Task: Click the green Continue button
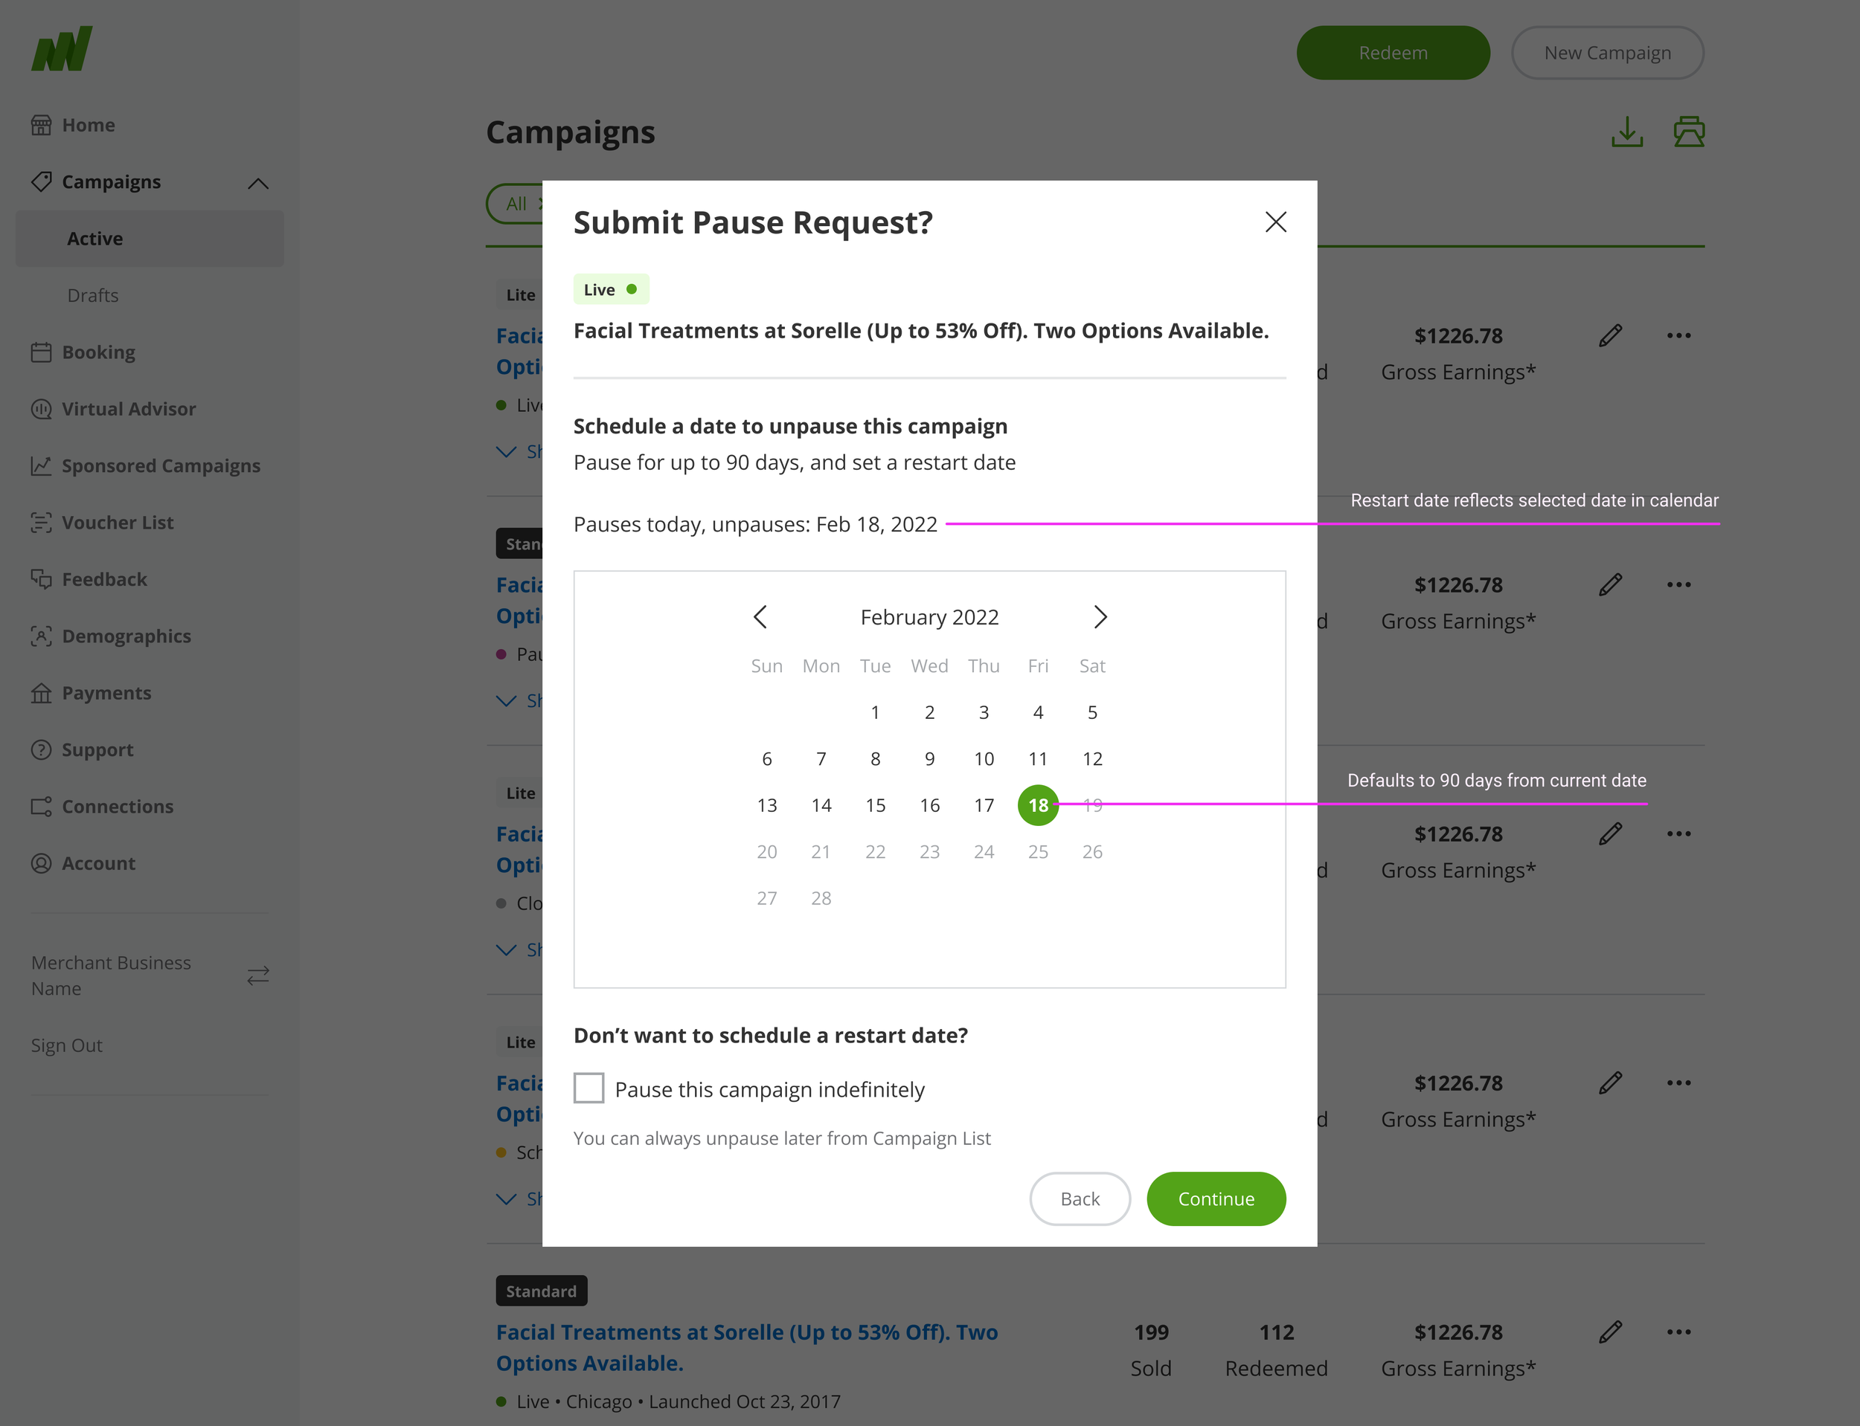[1216, 1198]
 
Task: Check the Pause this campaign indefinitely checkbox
[589, 1088]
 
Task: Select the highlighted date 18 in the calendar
[1037, 804]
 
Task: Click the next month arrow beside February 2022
[1099, 617]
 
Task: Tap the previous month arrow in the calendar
[760, 617]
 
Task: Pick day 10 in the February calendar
[984, 759]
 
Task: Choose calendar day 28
[821, 898]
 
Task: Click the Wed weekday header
[929, 666]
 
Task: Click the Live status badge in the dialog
[610, 289]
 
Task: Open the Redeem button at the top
[1392, 53]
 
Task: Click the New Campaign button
[1607, 53]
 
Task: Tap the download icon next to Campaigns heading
[1626, 132]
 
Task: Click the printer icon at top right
[1688, 132]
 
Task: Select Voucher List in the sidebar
[118, 523]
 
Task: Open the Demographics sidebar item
[126, 636]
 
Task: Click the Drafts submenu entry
[92, 295]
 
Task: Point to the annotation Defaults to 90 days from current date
[1495, 780]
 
